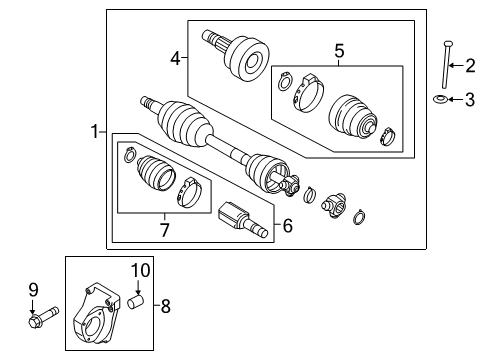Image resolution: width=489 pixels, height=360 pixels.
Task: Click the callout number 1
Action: pos(96,131)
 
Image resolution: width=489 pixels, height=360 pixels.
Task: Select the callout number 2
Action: pos(470,67)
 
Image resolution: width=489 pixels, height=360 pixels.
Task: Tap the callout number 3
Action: pos(470,99)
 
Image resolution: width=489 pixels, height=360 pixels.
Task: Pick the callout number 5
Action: pos(338,50)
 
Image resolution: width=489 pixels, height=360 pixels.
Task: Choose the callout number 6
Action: pos(288,227)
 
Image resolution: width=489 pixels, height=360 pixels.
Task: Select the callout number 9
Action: pos(33,290)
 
